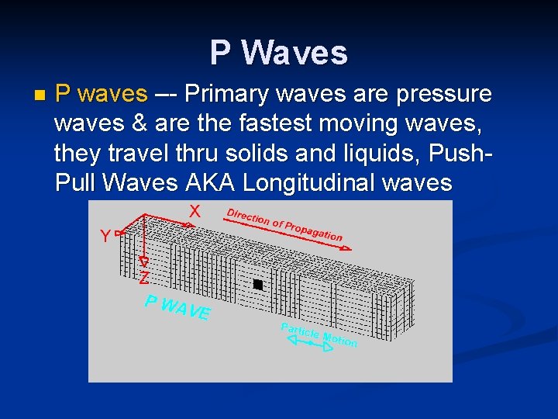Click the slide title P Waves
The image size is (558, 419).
279,53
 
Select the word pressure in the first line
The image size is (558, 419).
443,94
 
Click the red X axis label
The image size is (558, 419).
195,211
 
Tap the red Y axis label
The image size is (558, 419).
105,237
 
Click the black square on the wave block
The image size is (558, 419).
258,285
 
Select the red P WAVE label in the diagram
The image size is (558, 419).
177,307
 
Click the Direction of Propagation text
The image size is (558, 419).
284,224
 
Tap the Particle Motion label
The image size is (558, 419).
319,334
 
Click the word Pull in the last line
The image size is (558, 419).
77,183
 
